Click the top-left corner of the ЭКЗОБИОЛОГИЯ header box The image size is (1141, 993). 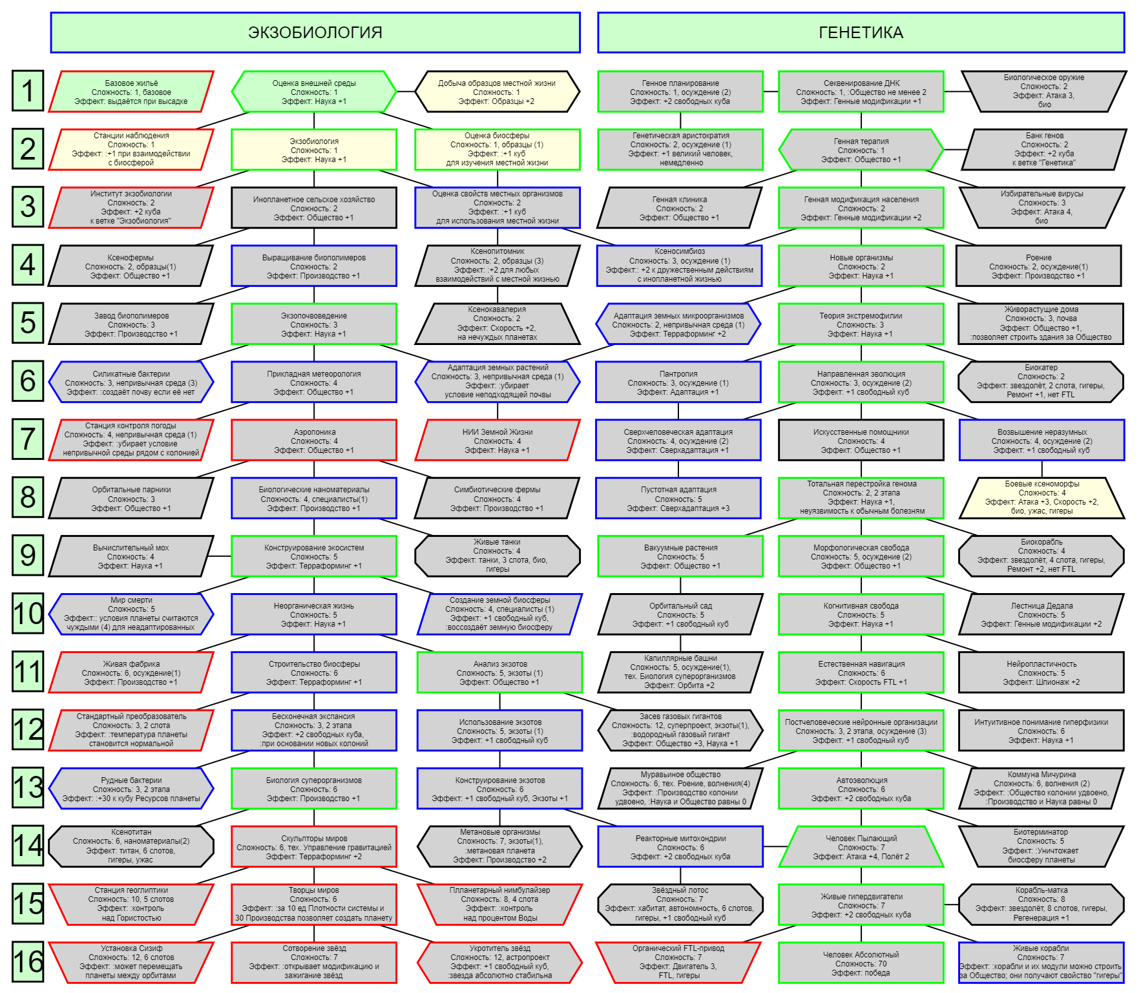click(51, 13)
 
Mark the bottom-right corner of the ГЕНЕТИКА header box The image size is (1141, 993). click(1124, 52)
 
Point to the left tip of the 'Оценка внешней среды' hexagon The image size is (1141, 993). click(232, 92)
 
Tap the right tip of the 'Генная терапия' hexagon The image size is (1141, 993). click(944, 150)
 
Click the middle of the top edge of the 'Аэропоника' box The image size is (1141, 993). click(314, 420)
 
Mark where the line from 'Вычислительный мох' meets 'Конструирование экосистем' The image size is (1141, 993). click(232, 556)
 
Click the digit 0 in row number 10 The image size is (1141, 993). click(36, 613)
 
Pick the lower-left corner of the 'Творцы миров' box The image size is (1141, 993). click(232, 925)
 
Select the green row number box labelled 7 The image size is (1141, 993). click(28, 439)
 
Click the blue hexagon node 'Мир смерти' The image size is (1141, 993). click(131, 614)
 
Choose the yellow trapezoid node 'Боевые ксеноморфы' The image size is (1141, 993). click(1042, 497)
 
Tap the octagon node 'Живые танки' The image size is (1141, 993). click(497, 556)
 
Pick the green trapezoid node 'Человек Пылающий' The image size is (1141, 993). click(861, 846)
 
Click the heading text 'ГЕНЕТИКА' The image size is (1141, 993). click(861, 32)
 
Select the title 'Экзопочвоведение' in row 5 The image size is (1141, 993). click(314, 316)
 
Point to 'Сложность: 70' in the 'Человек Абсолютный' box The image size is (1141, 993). click(861, 963)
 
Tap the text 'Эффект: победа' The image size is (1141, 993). click(861, 972)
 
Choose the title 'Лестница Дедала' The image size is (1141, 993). click(1042, 606)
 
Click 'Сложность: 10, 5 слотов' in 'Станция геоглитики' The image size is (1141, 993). click(131, 899)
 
